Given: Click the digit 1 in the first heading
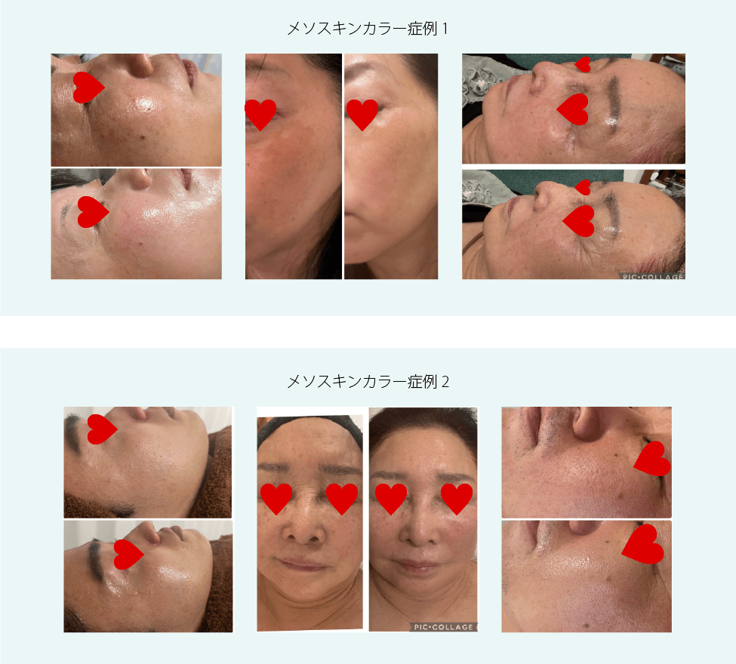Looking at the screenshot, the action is click(445, 29).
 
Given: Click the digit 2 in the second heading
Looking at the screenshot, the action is click(445, 382).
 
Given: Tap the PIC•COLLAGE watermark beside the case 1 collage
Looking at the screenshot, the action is click(652, 276).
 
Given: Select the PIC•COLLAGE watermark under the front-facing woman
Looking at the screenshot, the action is click(443, 627).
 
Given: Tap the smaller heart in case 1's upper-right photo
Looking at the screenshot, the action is click(584, 64).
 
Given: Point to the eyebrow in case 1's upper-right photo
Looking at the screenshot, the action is click(611, 101).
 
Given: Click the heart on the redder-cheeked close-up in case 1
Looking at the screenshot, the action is click(260, 114).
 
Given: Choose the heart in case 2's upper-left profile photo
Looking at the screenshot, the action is click(101, 429).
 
